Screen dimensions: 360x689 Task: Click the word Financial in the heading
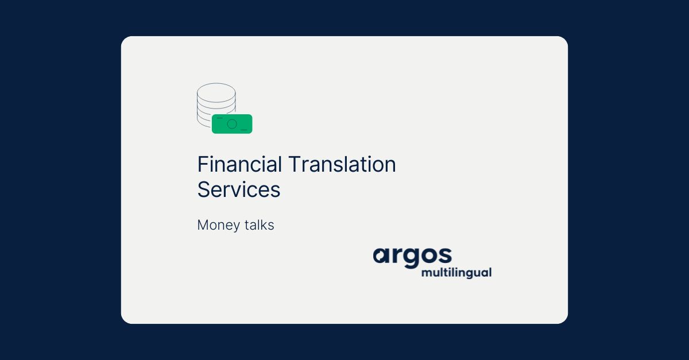(239, 165)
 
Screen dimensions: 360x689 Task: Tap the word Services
(238, 189)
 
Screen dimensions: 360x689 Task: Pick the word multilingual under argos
(456, 272)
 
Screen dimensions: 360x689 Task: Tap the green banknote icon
(232, 124)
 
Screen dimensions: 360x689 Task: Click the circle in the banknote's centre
(232, 124)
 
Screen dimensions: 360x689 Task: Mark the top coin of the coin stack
(216, 92)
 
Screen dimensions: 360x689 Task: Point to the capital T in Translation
(294, 165)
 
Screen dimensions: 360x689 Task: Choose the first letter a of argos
(381, 256)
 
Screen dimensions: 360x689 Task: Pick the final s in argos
(444, 256)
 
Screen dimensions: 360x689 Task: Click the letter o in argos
(427, 256)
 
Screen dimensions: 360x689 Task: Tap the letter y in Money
(237, 227)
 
